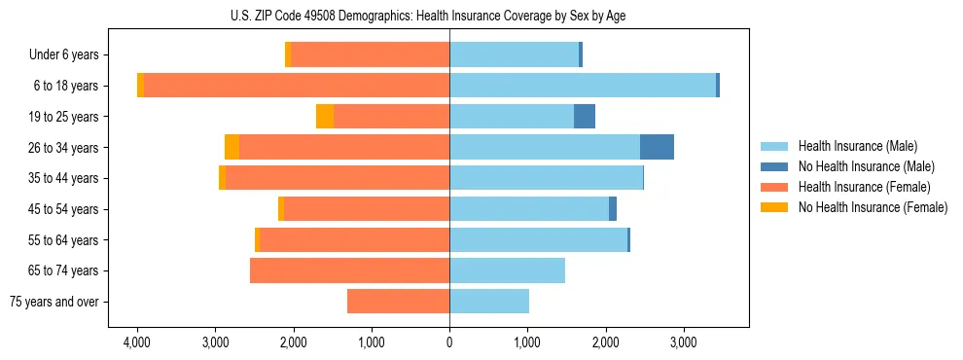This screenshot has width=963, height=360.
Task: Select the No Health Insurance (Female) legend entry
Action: [872, 207]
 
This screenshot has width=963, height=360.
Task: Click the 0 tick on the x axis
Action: [449, 342]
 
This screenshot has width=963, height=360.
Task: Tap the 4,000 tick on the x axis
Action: [137, 342]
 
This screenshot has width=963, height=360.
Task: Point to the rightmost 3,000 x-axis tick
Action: [683, 342]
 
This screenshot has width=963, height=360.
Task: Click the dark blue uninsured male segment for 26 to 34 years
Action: [657, 147]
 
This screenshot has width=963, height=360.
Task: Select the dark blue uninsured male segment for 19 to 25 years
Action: [585, 117]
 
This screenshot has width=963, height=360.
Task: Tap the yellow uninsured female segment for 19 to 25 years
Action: [325, 117]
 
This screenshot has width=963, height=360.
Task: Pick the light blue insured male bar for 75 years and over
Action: [489, 302]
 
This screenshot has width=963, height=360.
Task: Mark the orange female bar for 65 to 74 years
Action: [349, 270]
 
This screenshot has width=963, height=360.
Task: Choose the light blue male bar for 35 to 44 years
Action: [546, 178]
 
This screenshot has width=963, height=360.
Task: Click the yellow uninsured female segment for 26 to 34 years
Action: [232, 147]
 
